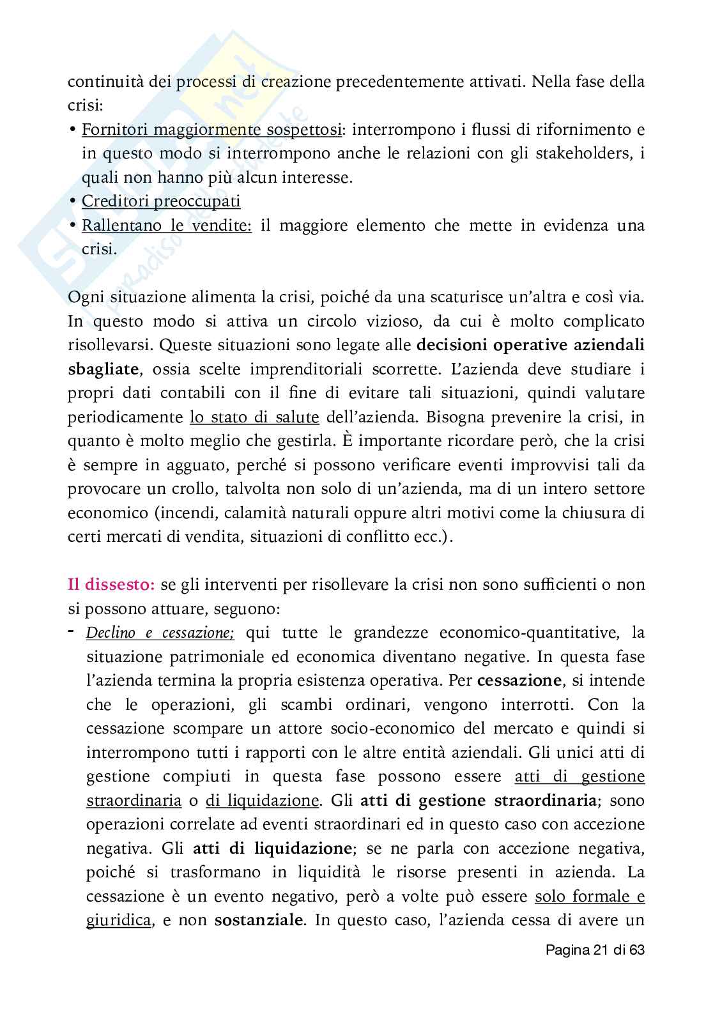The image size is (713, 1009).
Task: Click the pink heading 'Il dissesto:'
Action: tap(111, 584)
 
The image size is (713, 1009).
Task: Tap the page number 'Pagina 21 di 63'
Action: tap(595, 950)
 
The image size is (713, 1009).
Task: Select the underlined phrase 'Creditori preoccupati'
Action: tap(161, 201)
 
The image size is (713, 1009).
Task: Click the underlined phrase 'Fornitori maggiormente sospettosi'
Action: tap(211, 130)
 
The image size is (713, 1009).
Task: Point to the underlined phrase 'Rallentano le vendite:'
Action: tap(167, 226)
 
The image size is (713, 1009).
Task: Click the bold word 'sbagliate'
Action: tap(103, 369)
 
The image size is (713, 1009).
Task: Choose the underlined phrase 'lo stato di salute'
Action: tap(254, 417)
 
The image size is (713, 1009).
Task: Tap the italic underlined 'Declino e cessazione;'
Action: tap(160, 633)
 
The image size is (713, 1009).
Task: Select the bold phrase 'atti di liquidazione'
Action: tap(272, 849)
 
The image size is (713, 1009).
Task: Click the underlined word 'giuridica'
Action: tap(119, 920)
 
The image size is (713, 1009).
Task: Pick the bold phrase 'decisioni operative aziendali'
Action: tap(530, 345)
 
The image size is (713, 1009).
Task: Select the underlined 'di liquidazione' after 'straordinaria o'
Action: tap(262, 801)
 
